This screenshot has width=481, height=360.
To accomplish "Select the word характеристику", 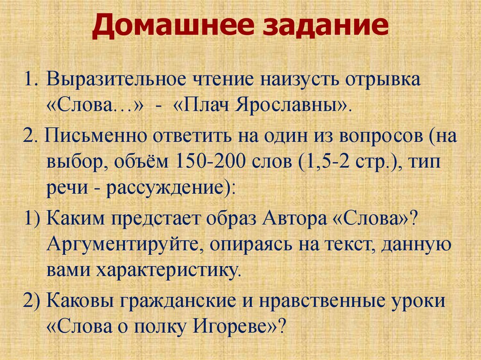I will (171, 270).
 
